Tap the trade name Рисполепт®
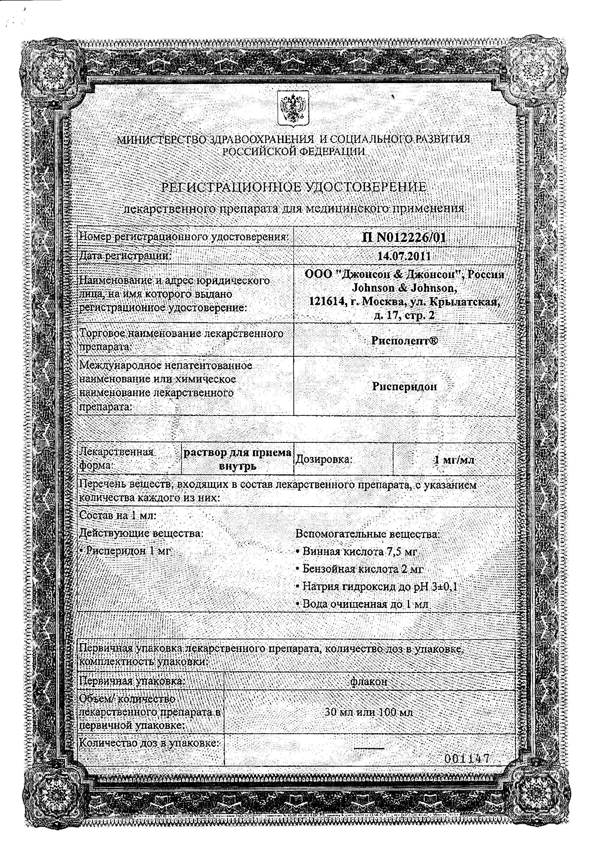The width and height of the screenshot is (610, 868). click(404, 341)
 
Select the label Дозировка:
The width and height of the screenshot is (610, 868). click(324, 459)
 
